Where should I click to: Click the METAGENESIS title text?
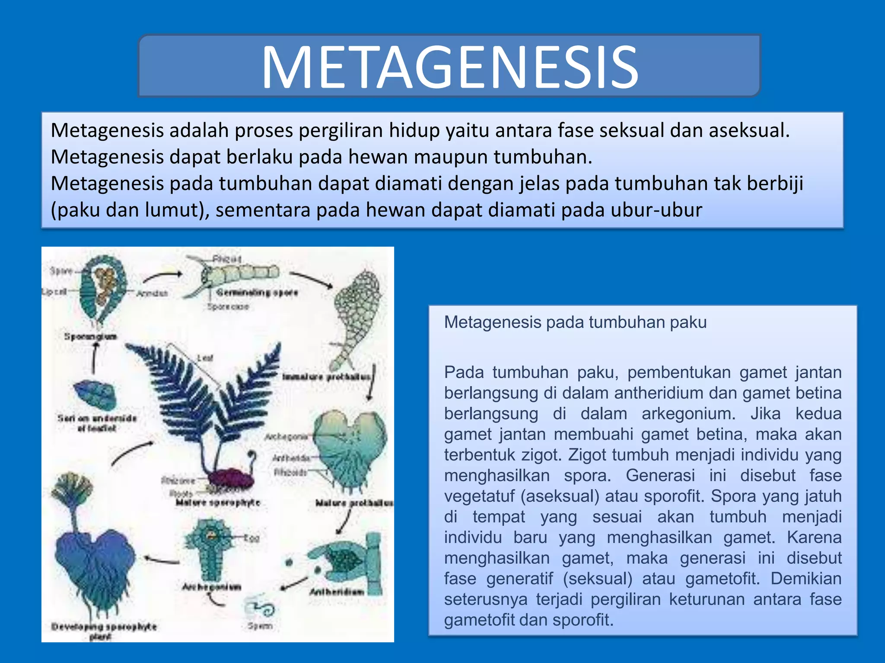coord(449,67)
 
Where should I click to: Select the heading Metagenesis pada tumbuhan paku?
coord(575,322)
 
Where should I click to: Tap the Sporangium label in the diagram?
coord(90,336)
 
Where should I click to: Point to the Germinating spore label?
coord(257,293)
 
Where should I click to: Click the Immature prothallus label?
coord(327,377)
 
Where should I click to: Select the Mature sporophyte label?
coord(218,503)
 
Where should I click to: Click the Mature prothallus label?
coord(354,503)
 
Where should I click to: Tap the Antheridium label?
coord(337,591)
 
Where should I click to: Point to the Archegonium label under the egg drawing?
coord(211,587)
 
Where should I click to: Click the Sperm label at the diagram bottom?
coord(260,625)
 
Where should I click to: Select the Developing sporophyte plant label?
coord(104,631)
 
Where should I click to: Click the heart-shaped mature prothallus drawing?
coord(350,449)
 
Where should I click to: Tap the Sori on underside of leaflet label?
coord(97,423)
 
